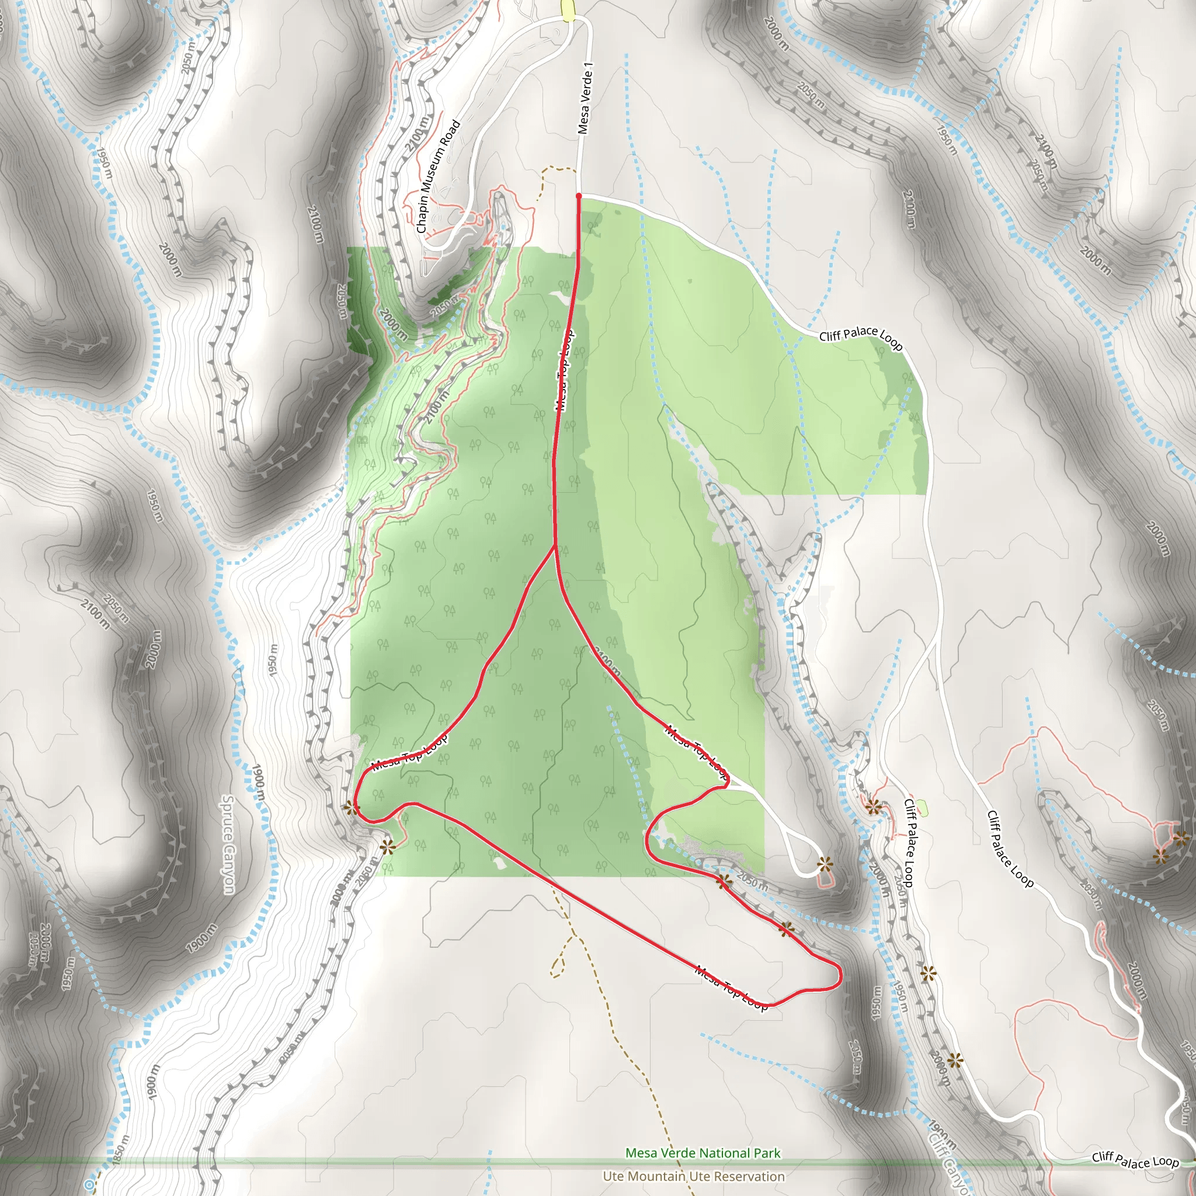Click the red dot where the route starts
pyautogui.click(x=579, y=196)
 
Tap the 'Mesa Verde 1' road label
pyautogui.click(x=585, y=98)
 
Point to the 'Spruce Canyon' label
pyautogui.click(x=228, y=844)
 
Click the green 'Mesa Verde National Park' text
pyautogui.click(x=703, y=1153)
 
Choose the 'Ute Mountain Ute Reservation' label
pyautogui.click(x=693, y=1176)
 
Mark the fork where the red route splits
pyautogui.click(x=555, y=547)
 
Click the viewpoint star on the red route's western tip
pyautogui.click(x=351, y=807)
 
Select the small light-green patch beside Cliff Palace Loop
pyautogui.click(x=922, y=807)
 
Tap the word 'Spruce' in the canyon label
pyautogui.click(x=227, y=817)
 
